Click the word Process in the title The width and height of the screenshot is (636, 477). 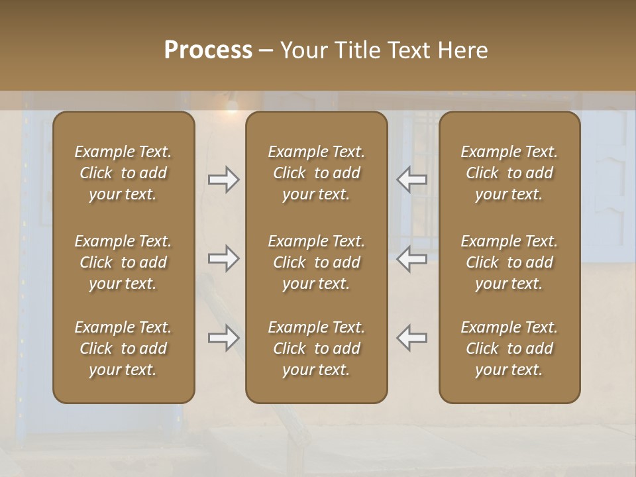coord(208,50)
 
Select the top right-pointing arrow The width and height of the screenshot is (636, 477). coord(224,179)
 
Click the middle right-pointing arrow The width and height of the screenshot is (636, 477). coord(224,258)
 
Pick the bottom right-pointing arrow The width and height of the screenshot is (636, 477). coord(224,338)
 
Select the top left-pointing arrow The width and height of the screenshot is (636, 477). coord(411,179)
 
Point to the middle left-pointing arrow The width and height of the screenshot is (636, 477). coord(411,258)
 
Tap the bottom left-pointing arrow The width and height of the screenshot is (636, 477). coord(411,338)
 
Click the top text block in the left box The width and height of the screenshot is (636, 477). coord(123,173)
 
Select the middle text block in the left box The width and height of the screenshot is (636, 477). coord(123,262)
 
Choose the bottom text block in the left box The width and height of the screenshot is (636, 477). coord(123,348)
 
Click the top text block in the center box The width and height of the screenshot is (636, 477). coord(317,173)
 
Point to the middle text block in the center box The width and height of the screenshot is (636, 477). coord(317,262)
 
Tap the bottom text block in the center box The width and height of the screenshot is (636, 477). coord(317,348)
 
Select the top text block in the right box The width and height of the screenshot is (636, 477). coord(509,173)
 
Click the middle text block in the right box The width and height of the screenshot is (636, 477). coord(509,262)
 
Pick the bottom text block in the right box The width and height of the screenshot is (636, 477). coord(509,348)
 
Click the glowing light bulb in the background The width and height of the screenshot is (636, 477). coord(231,105)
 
